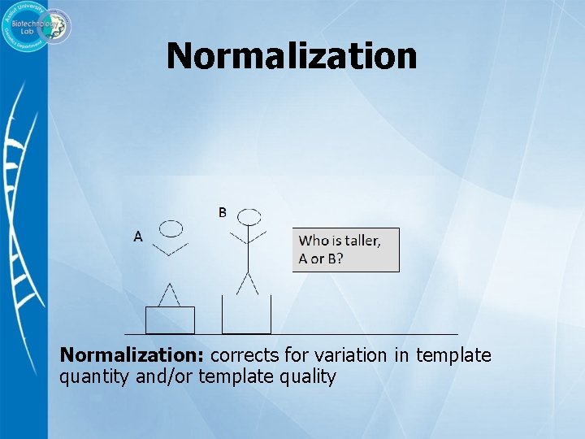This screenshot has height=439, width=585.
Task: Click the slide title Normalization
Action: (x=292, y=56)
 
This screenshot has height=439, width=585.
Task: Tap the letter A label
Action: (x=138, y=236)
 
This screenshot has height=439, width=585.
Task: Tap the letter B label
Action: (x=222, y=213)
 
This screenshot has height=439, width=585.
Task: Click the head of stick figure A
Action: (x=171, y=228)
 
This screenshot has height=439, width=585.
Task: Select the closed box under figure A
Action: (x=170, y=319)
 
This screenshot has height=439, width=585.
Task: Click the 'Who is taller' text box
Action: (x=346, y=250)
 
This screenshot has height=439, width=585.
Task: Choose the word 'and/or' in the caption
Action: (x=159, y=377)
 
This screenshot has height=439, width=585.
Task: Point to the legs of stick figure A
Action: (x=170, y=293)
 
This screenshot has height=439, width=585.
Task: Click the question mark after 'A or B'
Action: (x=340, y=259)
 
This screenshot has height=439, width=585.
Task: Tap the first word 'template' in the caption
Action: (x=453, y=355)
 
